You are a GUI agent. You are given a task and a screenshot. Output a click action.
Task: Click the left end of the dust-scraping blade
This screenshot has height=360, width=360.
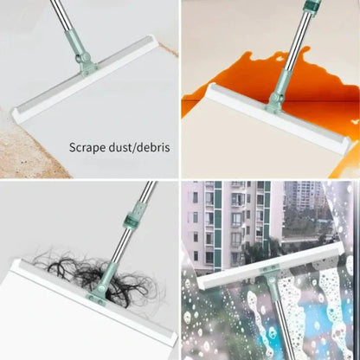click(x=19, y=114)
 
